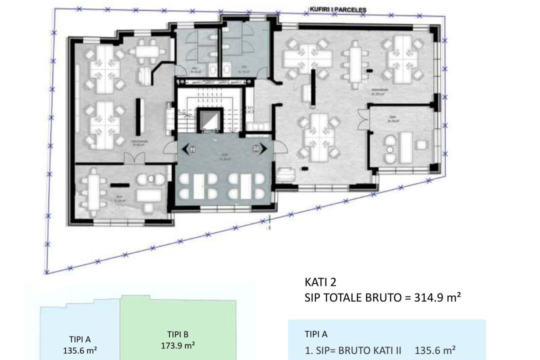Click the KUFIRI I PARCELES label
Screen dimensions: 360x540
click(337, 9)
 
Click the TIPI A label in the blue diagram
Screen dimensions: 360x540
click(76, 338)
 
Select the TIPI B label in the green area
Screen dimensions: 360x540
click(178, 334)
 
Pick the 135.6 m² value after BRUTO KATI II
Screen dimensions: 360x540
click(435, 350)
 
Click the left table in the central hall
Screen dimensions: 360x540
click(198, 186)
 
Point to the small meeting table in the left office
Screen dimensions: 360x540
click(146, 50)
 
